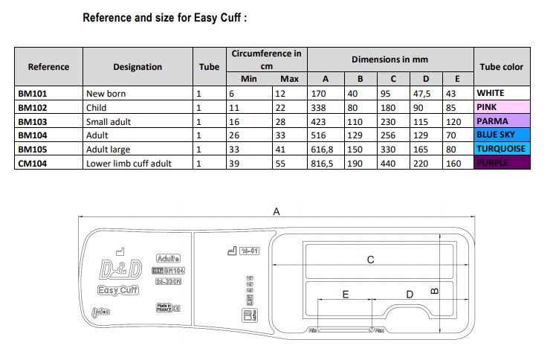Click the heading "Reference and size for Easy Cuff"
click(164, 17)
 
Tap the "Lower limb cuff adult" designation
click(129, 164)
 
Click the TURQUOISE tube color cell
click(502, 150)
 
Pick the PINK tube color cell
click(502, 107)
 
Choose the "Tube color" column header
click(502, 66)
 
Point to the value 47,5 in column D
click(421, 94)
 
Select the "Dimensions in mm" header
click(389, 59)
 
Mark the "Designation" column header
click(138, 66)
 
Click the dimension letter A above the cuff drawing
click(277, 212)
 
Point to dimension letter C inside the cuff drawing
click(370, 260)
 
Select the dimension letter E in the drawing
click(346, 295)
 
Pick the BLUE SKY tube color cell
click(502, 135)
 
